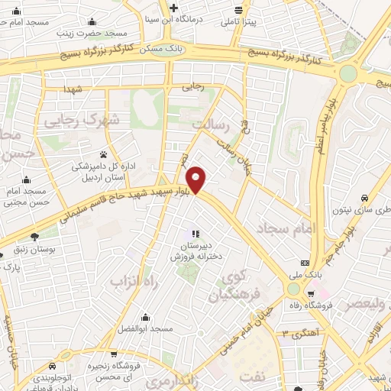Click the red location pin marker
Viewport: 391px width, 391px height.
coord(197,179)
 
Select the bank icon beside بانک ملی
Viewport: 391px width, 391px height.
coord(305,261)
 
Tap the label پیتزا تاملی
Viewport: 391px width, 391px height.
coord(241,23)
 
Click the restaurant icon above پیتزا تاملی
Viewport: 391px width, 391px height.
coord(240,11)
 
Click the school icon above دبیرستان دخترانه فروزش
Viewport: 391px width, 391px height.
coord(195,234)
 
